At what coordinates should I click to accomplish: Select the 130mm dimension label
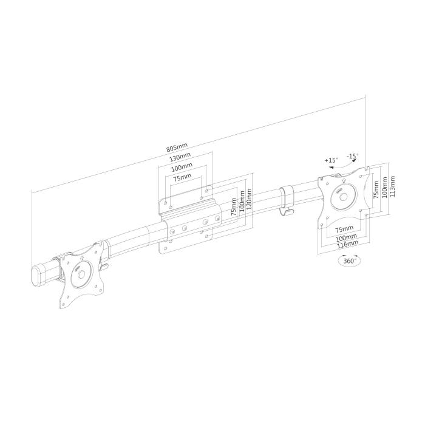180,157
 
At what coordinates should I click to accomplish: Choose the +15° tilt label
331,160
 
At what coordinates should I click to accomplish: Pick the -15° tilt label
353,155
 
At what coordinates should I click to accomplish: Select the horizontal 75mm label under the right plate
344,230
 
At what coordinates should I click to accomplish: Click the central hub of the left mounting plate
81,273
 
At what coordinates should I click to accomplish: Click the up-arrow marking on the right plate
344,180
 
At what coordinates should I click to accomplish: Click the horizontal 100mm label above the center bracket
180,167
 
